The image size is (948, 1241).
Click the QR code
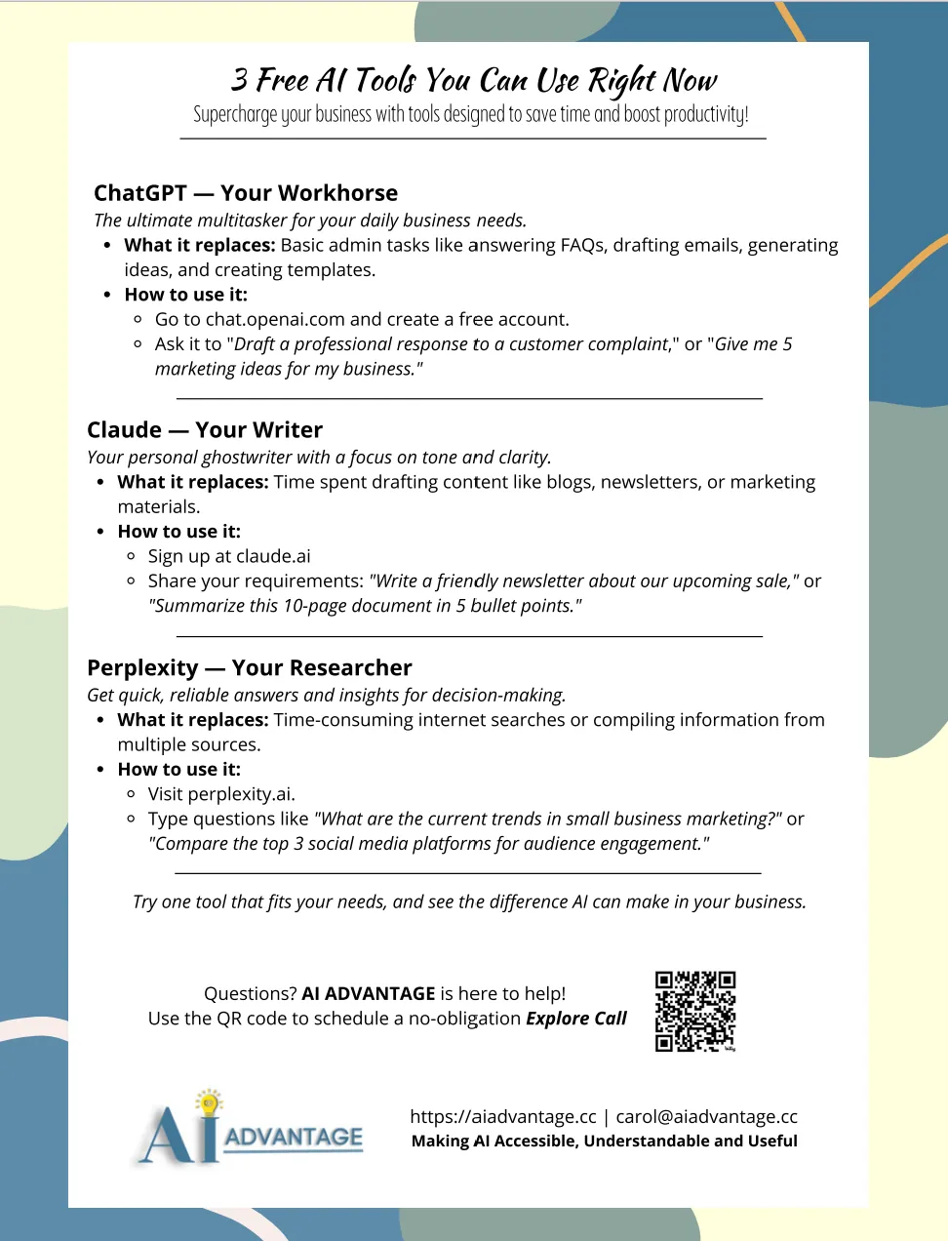point(694,1011)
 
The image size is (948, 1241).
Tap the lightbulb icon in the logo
point(208,1102)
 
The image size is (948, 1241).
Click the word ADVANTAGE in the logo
point(294,1138)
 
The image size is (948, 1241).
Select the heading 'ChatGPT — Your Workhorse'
point(246,193)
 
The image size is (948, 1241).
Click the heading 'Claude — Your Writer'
point(205,430)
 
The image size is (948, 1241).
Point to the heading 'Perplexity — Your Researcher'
point(250,668)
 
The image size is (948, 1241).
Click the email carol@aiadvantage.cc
point(706,1117)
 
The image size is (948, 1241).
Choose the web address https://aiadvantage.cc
point(503,1117)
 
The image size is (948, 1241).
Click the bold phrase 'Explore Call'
point(576,1019)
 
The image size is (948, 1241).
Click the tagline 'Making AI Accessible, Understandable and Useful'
point(604,1141)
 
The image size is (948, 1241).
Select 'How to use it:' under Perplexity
point(179,770)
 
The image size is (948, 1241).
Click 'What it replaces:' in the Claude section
point(193,483)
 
